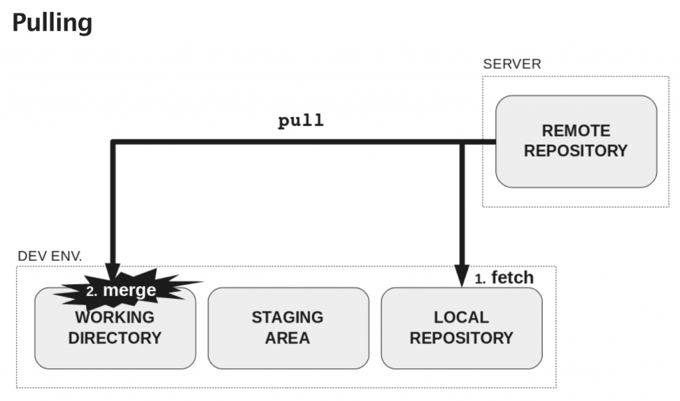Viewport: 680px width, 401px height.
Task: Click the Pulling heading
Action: pos(52,23)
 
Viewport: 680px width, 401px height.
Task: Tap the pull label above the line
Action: pos(301,121)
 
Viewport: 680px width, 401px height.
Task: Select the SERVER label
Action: pos(511,64)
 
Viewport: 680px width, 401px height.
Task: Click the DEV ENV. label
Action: pos(50,256)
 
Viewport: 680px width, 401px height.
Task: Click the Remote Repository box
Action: pos(576,141)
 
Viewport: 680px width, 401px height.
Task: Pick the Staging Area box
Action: pos(288,328)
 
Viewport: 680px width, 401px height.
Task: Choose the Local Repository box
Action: pos(461,328)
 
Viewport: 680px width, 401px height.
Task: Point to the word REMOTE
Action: pos(576,131)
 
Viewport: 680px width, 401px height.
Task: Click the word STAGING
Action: pos(288,317)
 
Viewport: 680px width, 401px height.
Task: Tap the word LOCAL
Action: pos(461,317)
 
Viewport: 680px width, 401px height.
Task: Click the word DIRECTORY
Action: pos(115,338)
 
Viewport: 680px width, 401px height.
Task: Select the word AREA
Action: pos(288,339)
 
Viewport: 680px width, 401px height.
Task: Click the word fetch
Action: pos(512,278)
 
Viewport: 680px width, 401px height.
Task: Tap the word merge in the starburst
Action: pos(129,290)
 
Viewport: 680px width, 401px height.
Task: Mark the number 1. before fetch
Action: pos(480,280)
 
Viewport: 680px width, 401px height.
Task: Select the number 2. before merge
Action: pos(92,291)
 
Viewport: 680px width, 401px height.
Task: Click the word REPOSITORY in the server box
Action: pos(576,151)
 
